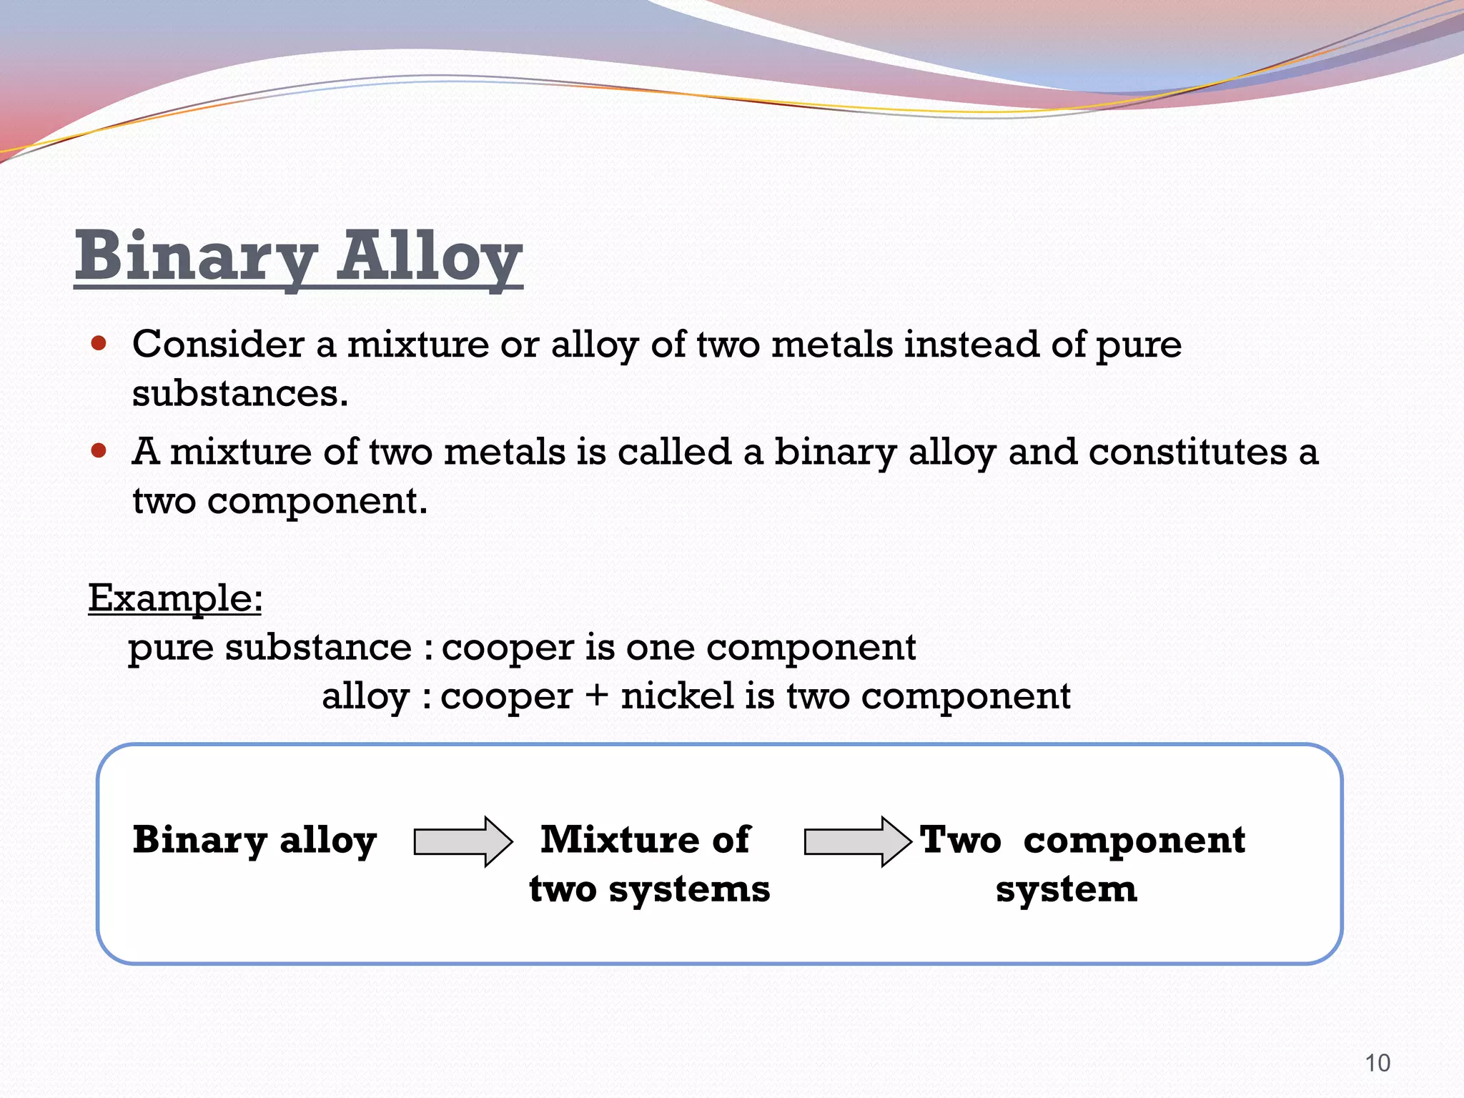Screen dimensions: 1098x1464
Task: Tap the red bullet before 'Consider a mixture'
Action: point(99,344)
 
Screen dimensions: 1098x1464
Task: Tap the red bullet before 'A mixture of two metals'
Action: point(99,451)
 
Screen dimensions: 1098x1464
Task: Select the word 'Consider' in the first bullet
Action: point(218,344)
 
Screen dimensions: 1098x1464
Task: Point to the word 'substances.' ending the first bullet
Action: point(240,394)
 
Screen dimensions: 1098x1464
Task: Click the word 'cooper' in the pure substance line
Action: point(508,648)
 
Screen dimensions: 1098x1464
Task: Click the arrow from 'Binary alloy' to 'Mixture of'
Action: point(463,841)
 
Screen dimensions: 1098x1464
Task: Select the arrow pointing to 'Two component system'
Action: point(857,841)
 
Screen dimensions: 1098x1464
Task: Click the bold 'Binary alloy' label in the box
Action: point(254,841)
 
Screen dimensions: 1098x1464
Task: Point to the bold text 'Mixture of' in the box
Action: point(645,839)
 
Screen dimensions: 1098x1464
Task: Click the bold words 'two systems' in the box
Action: point(649,890)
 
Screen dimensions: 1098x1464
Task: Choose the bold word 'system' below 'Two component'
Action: point(1066,890)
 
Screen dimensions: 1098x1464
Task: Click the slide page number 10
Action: point(1378,1063)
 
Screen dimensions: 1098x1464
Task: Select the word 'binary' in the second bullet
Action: point(835,452)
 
